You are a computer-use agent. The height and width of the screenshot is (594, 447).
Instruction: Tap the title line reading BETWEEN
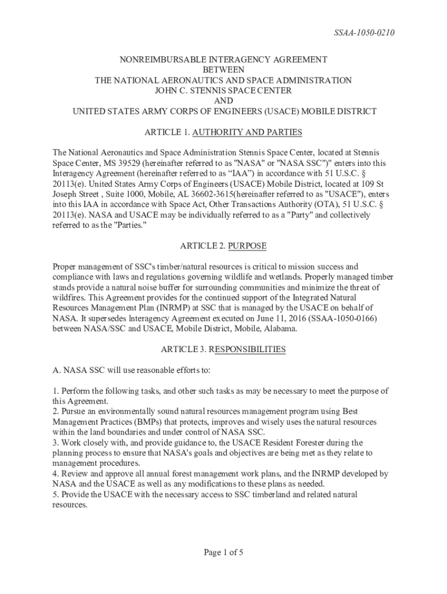pyautogui.click(x=223, y=70)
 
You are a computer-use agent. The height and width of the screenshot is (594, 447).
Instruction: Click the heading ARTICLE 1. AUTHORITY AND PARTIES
pyautogui.click(x=223, y=132)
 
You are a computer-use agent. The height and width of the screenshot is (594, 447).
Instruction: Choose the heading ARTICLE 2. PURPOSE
pyautogui.click(x=223, y=246)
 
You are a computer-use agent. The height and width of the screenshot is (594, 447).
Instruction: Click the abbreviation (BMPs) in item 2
pyautogui.click(x=139, y=422)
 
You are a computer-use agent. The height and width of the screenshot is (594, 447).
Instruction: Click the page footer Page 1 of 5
pyautogui.click(x=223, y=552)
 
